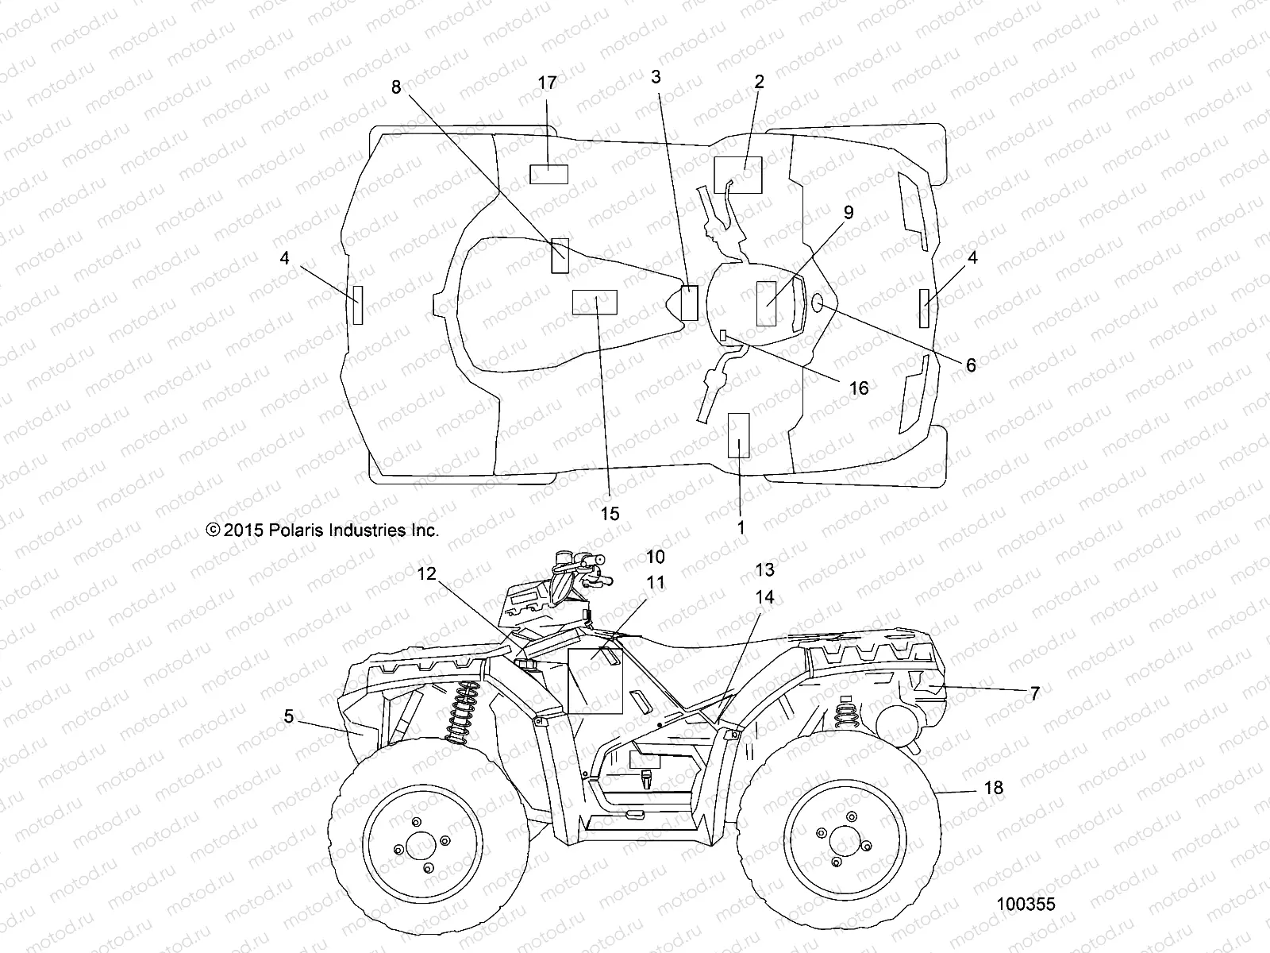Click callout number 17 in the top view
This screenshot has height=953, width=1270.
(547, 83)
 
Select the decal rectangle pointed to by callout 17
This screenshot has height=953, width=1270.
(548, 173)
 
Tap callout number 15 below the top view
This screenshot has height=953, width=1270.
(610, 514)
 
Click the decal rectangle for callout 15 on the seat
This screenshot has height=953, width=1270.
(595, 302)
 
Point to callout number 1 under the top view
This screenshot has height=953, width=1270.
(741, 527)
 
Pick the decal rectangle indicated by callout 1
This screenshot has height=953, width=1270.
(738, 435)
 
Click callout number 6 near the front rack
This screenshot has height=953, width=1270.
(971, 366)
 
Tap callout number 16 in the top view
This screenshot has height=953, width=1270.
(859, 388)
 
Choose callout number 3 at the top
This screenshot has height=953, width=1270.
(656, 76)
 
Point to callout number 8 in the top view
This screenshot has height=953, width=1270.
(396, 88)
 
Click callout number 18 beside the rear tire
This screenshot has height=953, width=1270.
(993, 788)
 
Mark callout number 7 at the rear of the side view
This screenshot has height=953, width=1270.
(1034, 693)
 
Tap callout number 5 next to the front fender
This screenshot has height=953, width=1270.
(289, 717)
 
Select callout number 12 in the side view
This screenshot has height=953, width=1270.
(427, 573)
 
